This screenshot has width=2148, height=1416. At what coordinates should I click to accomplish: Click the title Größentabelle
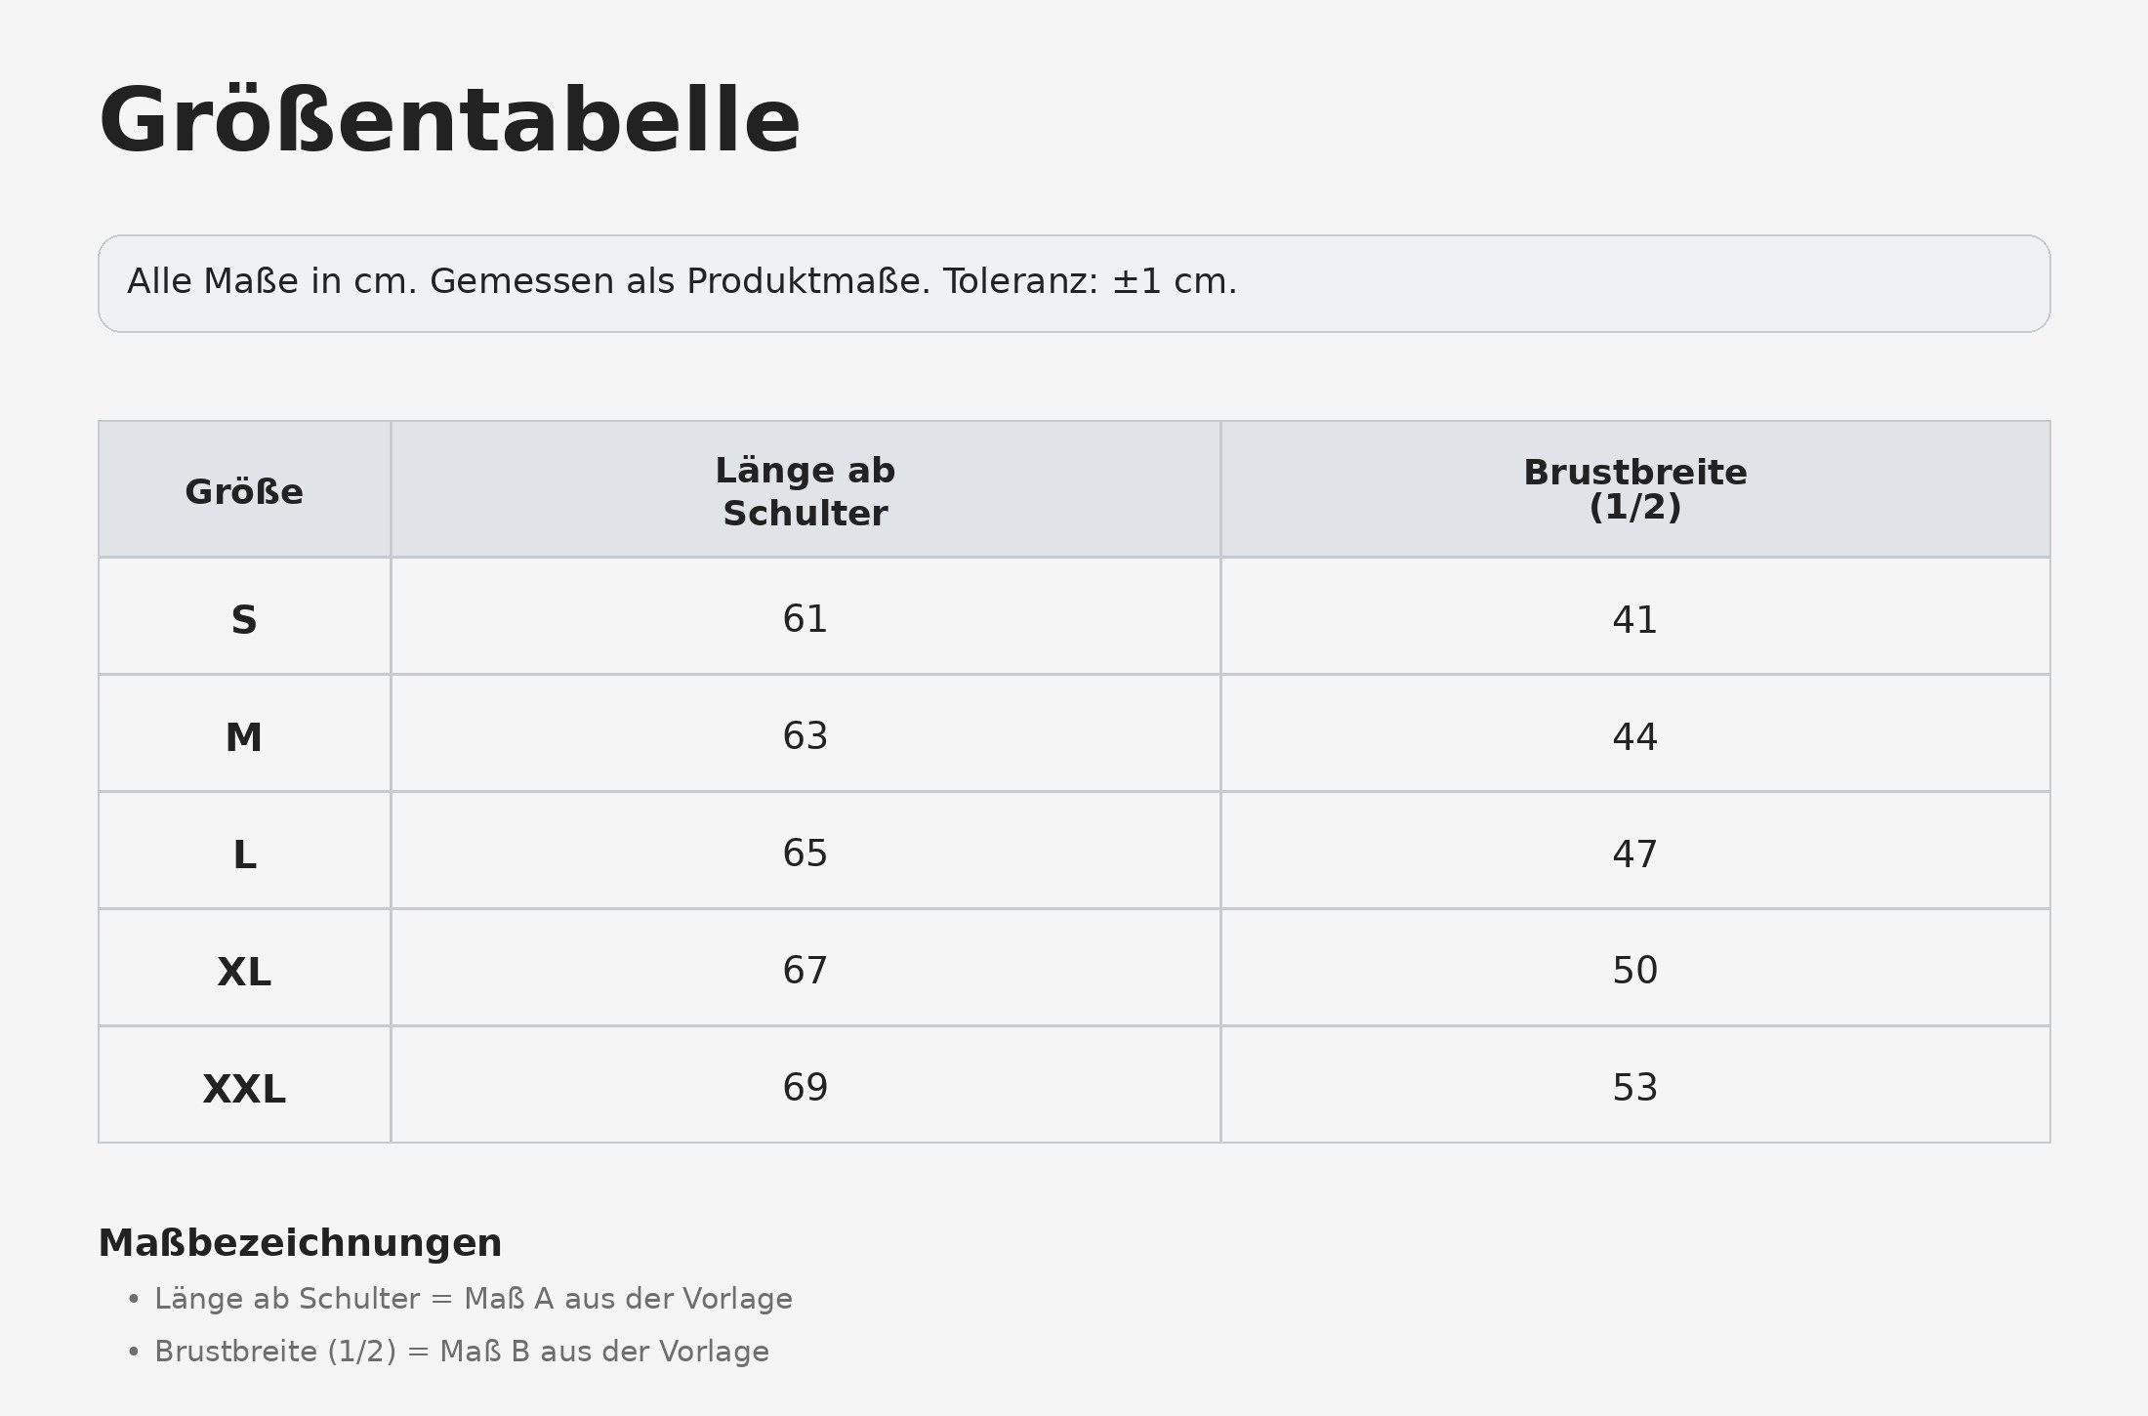pos(449,121)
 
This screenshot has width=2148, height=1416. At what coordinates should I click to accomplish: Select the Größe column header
pos(244,491)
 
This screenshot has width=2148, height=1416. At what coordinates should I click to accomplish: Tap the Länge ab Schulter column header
pos(805,491)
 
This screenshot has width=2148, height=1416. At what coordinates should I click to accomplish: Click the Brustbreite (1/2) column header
pos(1635,489)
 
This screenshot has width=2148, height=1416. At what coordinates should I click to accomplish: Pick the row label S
pos(244,620)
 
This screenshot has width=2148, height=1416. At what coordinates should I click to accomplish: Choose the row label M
pos(244,737)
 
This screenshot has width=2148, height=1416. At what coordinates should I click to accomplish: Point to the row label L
pos(244,854)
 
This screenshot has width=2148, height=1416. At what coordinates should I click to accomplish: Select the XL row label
pos(244,972)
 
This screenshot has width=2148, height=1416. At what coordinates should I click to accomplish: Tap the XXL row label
pos(244,1089)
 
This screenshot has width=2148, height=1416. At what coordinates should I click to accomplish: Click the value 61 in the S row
pos(805,618)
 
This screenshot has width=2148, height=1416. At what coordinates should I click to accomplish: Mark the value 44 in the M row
pos(1635,736)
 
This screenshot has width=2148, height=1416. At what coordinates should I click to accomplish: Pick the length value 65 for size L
pos(805,853)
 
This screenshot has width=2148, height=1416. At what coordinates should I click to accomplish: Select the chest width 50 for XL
pos(1635,970)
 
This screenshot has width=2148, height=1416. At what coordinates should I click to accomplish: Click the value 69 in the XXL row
pos(805,1087)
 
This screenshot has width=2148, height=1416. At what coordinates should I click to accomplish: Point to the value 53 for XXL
pos(1635,1087)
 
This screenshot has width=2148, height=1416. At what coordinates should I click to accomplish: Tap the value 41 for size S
pos(1635,619)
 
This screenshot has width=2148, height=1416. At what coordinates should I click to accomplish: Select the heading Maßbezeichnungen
pos(300,1243)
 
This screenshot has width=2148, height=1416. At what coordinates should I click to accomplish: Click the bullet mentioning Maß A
pos(474,1299)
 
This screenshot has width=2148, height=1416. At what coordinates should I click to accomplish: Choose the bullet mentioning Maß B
pos(462,1352)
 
